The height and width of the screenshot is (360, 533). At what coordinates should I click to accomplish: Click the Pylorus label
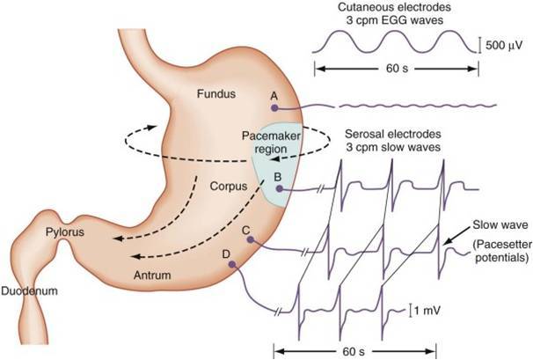[63, 232]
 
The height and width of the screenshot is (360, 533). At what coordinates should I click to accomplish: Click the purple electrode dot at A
[275, 107]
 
